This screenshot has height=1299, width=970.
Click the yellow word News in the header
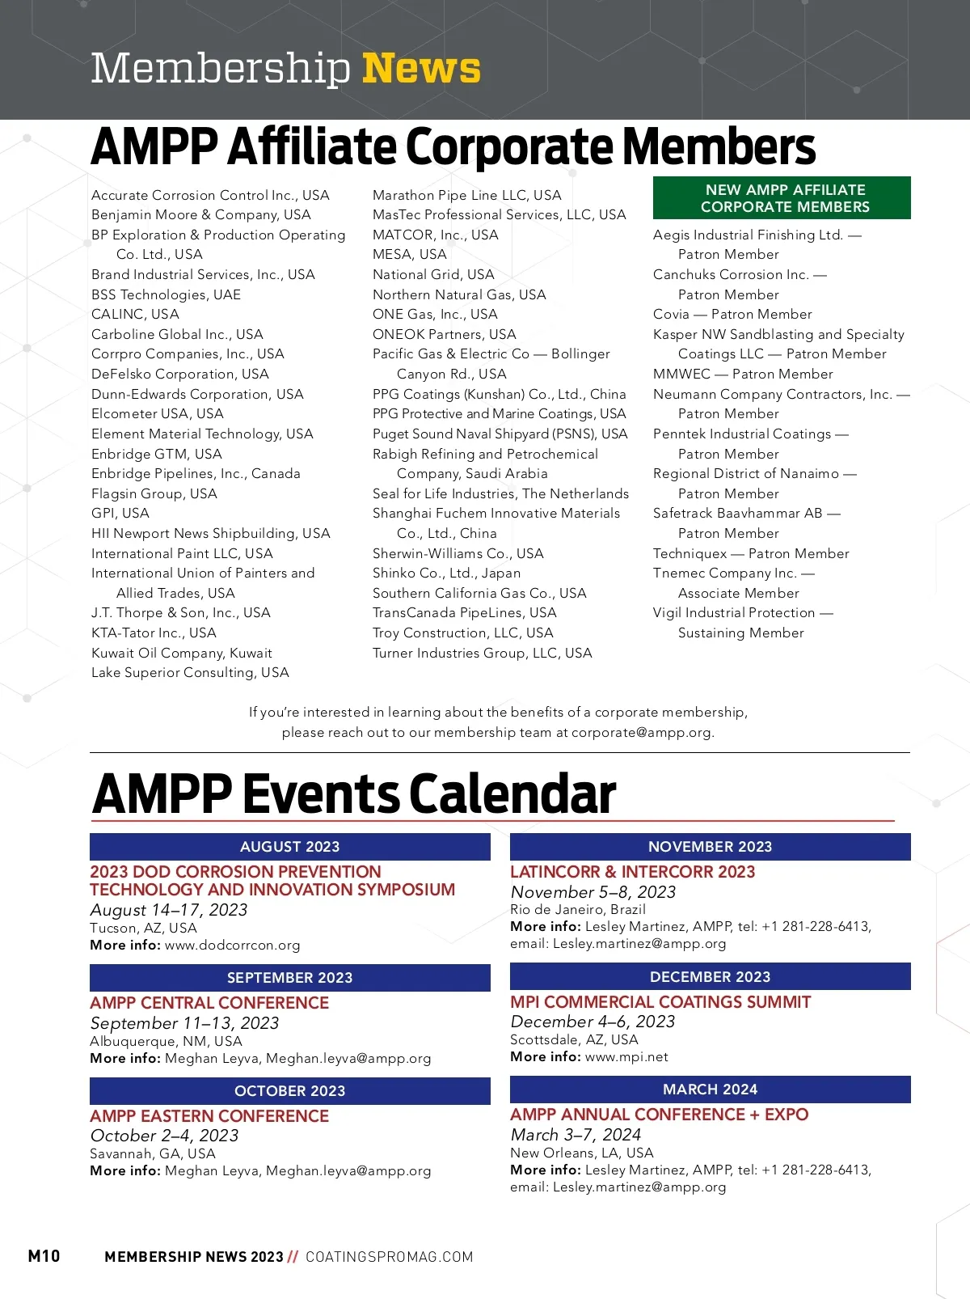tap(421, 68)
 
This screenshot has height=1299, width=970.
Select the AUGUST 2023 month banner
tap(289, 847)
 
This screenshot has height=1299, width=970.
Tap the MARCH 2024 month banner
tap(710, 1090)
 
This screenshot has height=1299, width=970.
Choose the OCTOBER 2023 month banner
tap(289, 1091)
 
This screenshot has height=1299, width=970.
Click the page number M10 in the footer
tap(44, 1256)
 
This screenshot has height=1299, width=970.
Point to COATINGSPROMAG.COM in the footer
tap(389, 1257)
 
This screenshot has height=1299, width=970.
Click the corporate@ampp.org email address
tap(642, 733)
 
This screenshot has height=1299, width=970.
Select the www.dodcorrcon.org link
tap(233, 946)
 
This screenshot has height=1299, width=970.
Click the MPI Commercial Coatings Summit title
tap(660, 1002)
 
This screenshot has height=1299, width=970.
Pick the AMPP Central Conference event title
tap(209, 1003)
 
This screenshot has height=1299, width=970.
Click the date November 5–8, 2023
tap(593, 892)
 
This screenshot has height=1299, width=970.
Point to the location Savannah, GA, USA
tap(153, 1153)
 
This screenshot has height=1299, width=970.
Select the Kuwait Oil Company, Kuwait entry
tap(182, 653)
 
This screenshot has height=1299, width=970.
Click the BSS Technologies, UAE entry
tap(166, 294)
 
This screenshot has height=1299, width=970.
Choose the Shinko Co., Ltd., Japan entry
tap(446, 573)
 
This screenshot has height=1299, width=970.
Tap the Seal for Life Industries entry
tap(500, 493)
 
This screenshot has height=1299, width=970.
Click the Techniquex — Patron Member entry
tap(751, 553)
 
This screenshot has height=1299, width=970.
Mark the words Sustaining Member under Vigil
tap(740, 633)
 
